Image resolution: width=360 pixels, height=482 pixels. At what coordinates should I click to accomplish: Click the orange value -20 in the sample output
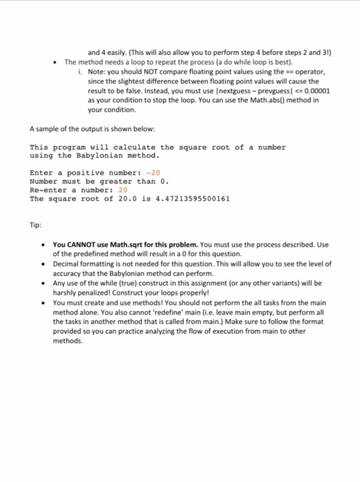click(x=151, y=172)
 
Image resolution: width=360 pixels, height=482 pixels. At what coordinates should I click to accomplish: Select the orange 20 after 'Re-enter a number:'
click(x=123, y=189)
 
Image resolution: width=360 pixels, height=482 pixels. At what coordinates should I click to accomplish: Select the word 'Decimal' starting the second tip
click(x=67, y=264)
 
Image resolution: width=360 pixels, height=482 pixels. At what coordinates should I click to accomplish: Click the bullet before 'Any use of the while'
click(x=44, y=283)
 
